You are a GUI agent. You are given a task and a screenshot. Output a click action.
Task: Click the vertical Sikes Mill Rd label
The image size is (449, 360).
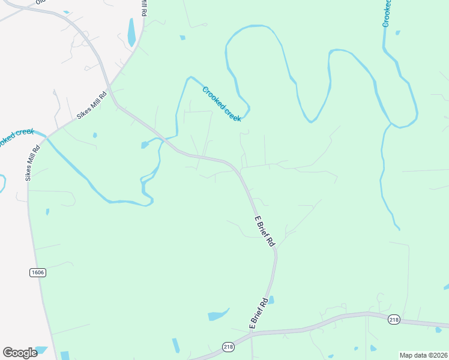[32, 162]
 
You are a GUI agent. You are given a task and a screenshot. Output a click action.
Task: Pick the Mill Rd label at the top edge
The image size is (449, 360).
[144, 8]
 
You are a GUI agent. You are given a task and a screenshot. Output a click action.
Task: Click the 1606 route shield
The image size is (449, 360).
[37, 272]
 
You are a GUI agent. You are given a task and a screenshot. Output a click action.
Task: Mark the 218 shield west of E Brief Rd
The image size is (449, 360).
[228, 347]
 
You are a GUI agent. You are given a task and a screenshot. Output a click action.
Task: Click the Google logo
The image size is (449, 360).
[20, 352]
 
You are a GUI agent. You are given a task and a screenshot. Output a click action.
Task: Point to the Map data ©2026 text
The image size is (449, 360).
[423, 355]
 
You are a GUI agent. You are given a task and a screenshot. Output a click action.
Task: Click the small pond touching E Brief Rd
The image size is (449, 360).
[271, 299]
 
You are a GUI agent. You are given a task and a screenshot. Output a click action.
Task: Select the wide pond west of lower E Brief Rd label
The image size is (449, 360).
[217, 315]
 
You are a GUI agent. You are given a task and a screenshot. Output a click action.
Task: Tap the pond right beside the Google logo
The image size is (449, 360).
[41, 350]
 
